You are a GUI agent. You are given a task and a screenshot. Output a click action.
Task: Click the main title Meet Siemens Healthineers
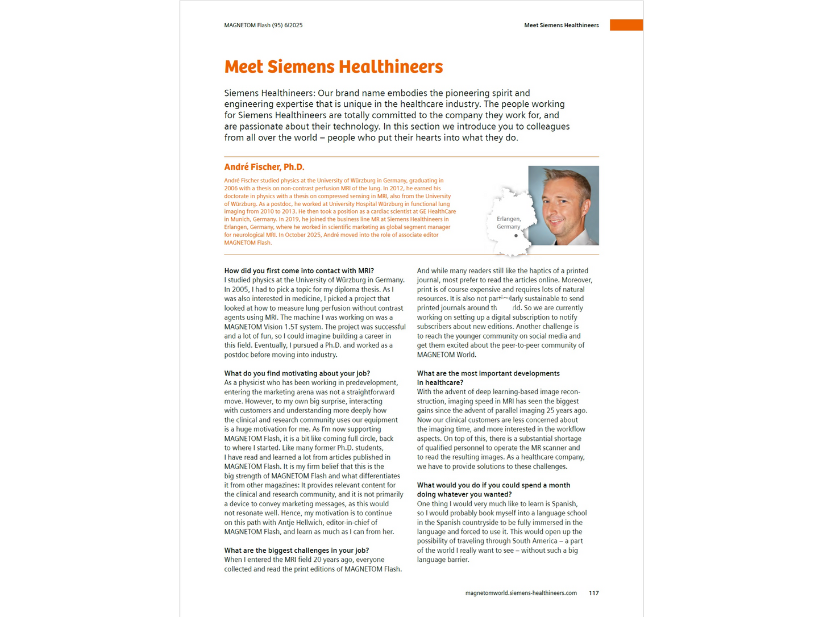point(333,67)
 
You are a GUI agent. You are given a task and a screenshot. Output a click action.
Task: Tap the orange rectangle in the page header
point(626,25)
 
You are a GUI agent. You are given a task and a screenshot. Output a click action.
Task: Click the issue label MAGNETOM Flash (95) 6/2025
point(263,25)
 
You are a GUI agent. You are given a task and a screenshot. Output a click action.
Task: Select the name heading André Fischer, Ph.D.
point(264,167)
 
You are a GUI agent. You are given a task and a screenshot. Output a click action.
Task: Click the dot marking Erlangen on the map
point(516,236)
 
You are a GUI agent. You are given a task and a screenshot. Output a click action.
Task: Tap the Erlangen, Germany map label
point(508,223)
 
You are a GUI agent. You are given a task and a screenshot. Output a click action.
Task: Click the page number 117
point(593,593)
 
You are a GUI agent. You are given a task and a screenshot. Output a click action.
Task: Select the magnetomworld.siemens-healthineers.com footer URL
point(521,593)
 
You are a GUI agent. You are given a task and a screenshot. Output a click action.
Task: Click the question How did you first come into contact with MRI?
point(299,271)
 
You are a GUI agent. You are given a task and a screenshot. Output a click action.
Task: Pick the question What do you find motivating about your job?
point(297,373)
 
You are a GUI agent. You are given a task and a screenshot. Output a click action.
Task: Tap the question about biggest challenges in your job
point(296,551)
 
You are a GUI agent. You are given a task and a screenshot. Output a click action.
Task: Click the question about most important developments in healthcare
point(488,378)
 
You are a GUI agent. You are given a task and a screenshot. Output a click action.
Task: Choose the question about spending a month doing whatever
point(493,490)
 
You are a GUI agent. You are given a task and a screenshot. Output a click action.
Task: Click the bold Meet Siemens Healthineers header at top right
point(561,25)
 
